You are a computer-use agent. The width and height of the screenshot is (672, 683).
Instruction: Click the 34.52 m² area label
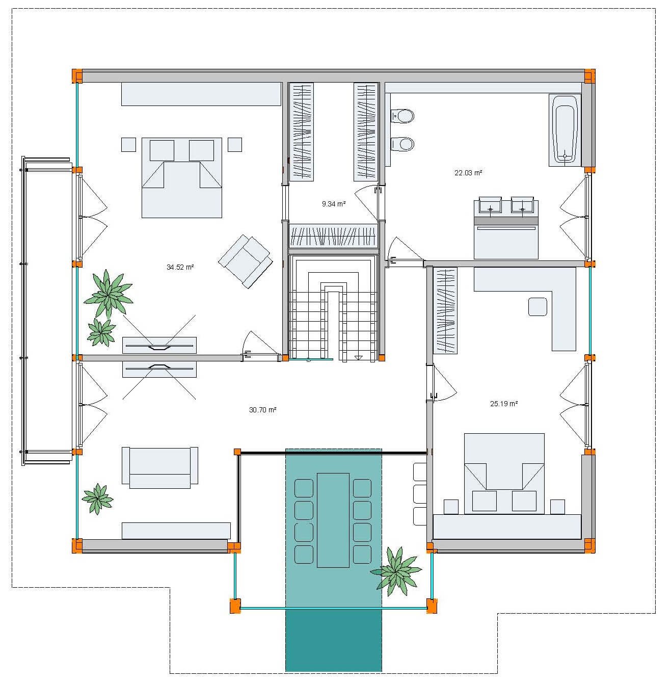click(180, 267)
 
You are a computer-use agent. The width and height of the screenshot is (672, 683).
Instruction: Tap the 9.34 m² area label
click(334, 204)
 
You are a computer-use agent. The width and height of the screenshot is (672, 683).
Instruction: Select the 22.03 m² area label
click(468, 173)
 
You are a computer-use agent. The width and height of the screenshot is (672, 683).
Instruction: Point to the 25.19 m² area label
click(504, 404)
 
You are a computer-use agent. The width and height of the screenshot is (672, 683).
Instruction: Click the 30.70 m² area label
click(262, 410)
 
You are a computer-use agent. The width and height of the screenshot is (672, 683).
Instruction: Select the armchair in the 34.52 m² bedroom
click(246, 260)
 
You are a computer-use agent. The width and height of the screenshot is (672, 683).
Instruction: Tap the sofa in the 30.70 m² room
click(160, 467)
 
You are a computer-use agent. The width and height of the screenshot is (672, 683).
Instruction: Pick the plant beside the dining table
click(396, 570)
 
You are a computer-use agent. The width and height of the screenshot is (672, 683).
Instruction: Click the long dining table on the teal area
click(333, 520)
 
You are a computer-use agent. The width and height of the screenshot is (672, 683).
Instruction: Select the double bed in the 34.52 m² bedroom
click(182, 177)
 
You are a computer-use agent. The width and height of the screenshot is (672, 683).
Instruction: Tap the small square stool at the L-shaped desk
click(537, 307)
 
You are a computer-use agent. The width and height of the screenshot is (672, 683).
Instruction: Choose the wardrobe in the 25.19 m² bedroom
click(445, 310)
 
